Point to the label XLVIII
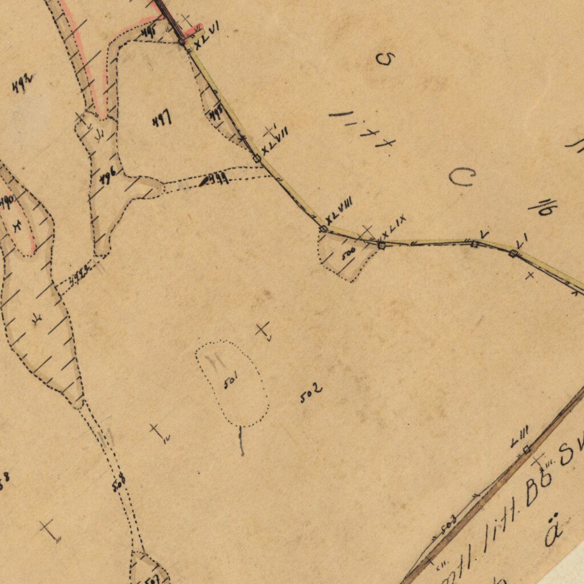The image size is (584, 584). (x=339, y=210)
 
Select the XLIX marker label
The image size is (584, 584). (x=394, y=226)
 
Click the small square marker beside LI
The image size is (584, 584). (x=513, y=253)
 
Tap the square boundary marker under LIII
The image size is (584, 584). (x=526, y=449)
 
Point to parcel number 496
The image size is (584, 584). (x=108, y=177)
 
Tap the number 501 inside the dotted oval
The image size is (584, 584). (x=230, y=380)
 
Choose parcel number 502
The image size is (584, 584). (x=311, y=393)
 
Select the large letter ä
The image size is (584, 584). (x=551, y=533)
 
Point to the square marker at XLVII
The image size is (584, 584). (x=257, y=158)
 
